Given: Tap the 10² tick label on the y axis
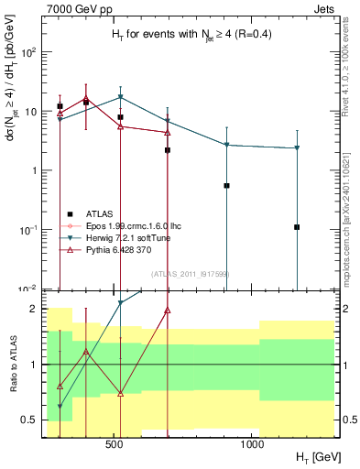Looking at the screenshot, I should (x=27, y=52).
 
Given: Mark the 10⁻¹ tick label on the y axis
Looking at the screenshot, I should (x=27, y=230).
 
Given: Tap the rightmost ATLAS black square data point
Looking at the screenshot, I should (x=297, y=227).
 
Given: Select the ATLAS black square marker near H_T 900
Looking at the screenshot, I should (x=226, y=185).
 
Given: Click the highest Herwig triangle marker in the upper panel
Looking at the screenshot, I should (x=120, y=97).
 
